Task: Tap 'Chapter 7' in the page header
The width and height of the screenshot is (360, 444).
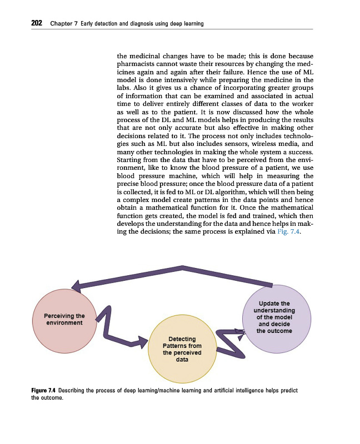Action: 62,24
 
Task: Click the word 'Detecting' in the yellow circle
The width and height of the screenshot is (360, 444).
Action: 182,339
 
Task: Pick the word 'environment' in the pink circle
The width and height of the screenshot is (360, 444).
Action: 64,322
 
